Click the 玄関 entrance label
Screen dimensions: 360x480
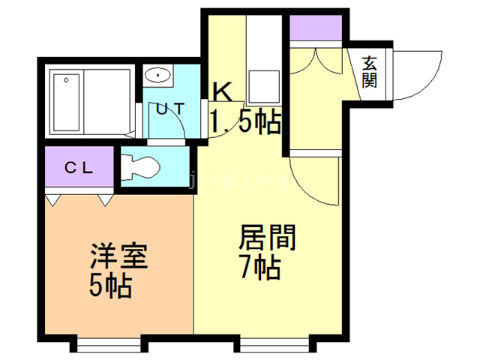pyautogui.click(x=369, y=73)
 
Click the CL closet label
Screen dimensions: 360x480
pyautogui.click(x=79, y=169)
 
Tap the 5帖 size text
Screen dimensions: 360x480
pyautogui.click(x=110, y=286)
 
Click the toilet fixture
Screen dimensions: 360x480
pyautogui.click(x=141, y=166)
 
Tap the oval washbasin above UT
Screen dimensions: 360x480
pyautogui.click(x=158, y=75)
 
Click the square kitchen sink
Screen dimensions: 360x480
pyautogui.click(x=265, y=82)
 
